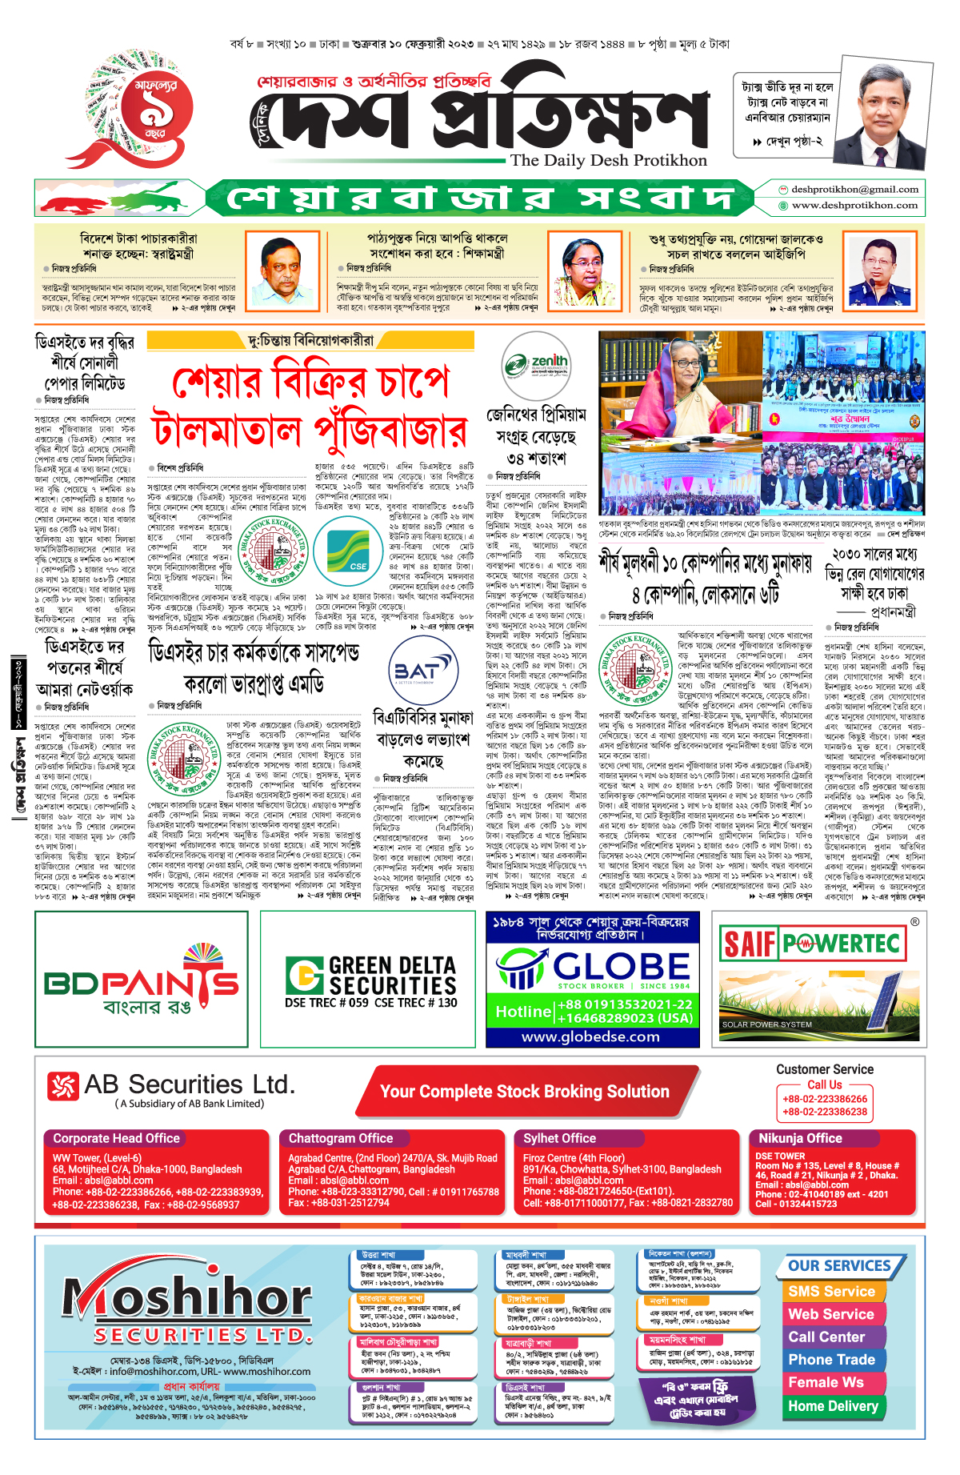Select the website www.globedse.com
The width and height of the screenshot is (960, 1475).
(590, 1036)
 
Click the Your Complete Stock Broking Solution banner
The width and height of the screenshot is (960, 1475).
(524, 1092)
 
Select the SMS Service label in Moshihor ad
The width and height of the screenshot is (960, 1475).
(831, 1291)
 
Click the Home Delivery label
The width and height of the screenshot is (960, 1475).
(833, 1405)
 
